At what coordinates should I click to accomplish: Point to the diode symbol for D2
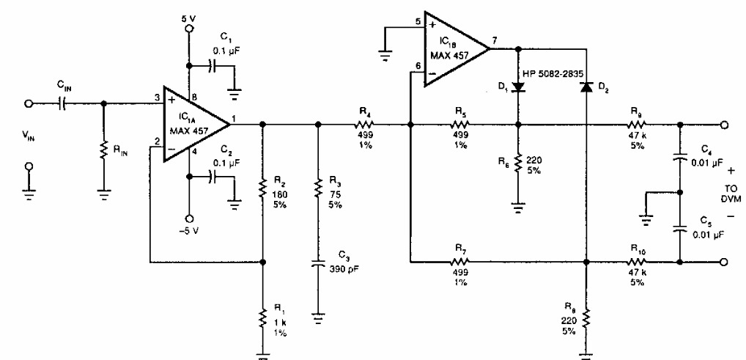point(586,87)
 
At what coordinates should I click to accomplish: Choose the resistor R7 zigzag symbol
point(461,261)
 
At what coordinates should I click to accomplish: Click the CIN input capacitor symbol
point(61,103)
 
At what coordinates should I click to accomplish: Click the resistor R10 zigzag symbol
point(636,261)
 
